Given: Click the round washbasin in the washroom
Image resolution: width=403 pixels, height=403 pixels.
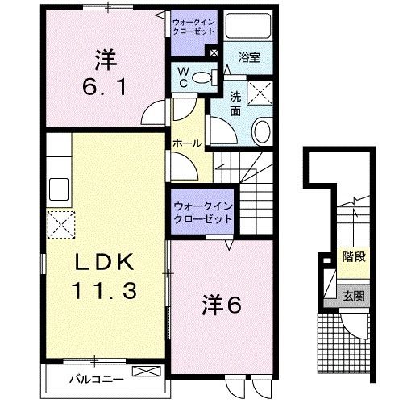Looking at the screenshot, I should click(x=263, y=132).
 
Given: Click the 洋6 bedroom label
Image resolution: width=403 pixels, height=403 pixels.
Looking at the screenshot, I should click(x=222, y=306).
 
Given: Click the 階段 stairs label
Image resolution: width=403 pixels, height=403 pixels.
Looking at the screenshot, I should click(x=353, y=259).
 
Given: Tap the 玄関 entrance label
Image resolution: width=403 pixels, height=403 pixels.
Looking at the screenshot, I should click(x=353, y=296).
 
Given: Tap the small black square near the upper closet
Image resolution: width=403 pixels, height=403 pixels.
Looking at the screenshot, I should click(x=213, y=54).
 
